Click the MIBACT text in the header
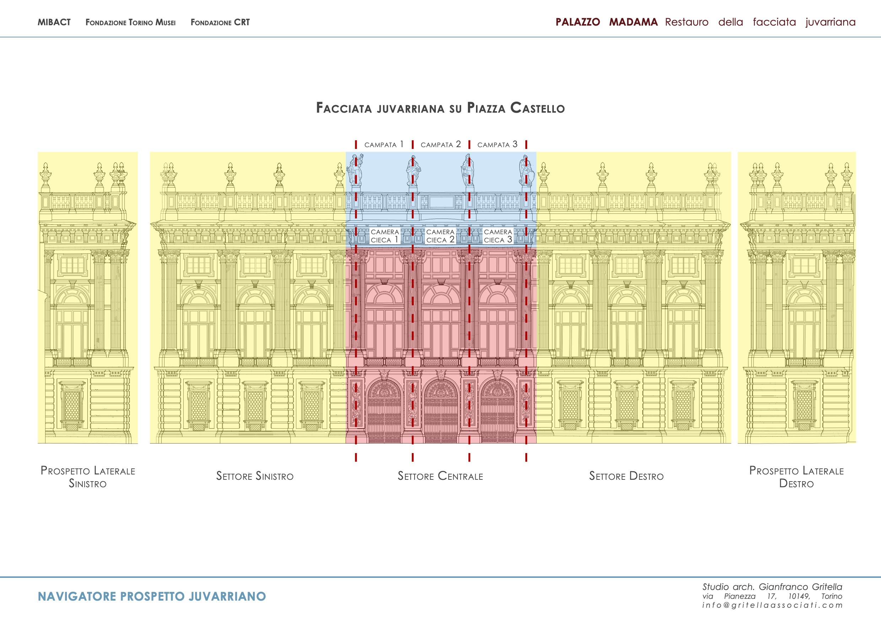coord(54,22)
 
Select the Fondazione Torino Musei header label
coord(130,22)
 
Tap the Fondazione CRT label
coord(220,22)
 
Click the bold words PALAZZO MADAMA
coord(606,22)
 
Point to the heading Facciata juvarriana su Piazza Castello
coord(440,108)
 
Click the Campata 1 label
coord(384,144)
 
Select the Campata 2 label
coord(440,144)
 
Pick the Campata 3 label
coord(497,144)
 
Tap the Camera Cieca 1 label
coord(384,236)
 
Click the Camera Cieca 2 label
coord(440,236)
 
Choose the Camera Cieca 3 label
coord(498,236)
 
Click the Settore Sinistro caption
coord(255,476)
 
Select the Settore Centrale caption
coord(440,476)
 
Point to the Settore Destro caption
coord(626,476)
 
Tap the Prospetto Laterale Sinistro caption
coord(88,477)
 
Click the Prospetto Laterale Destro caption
coord(796,477)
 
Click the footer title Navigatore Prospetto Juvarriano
coord(152,596)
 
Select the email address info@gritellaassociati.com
coord(772,605)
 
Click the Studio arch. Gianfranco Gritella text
coord(772,586)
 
